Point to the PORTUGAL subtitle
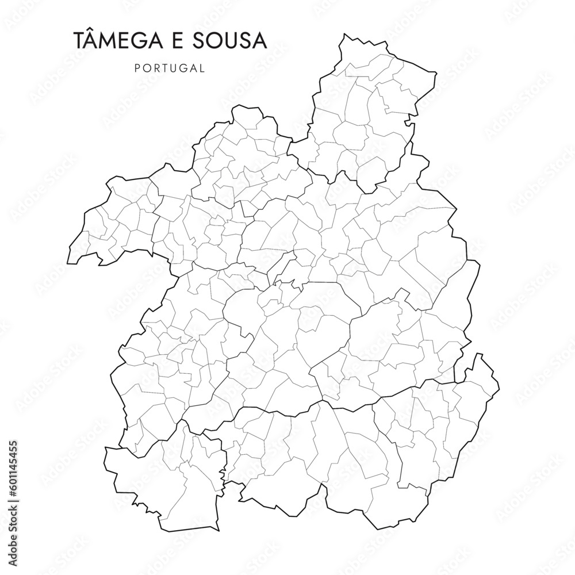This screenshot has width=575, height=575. [170, 68]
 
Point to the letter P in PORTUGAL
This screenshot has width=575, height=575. [137, 68]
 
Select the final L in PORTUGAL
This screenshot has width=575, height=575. [202, 68]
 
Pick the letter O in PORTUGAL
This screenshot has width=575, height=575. [146, 68]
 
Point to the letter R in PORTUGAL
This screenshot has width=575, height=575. [156, 68]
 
